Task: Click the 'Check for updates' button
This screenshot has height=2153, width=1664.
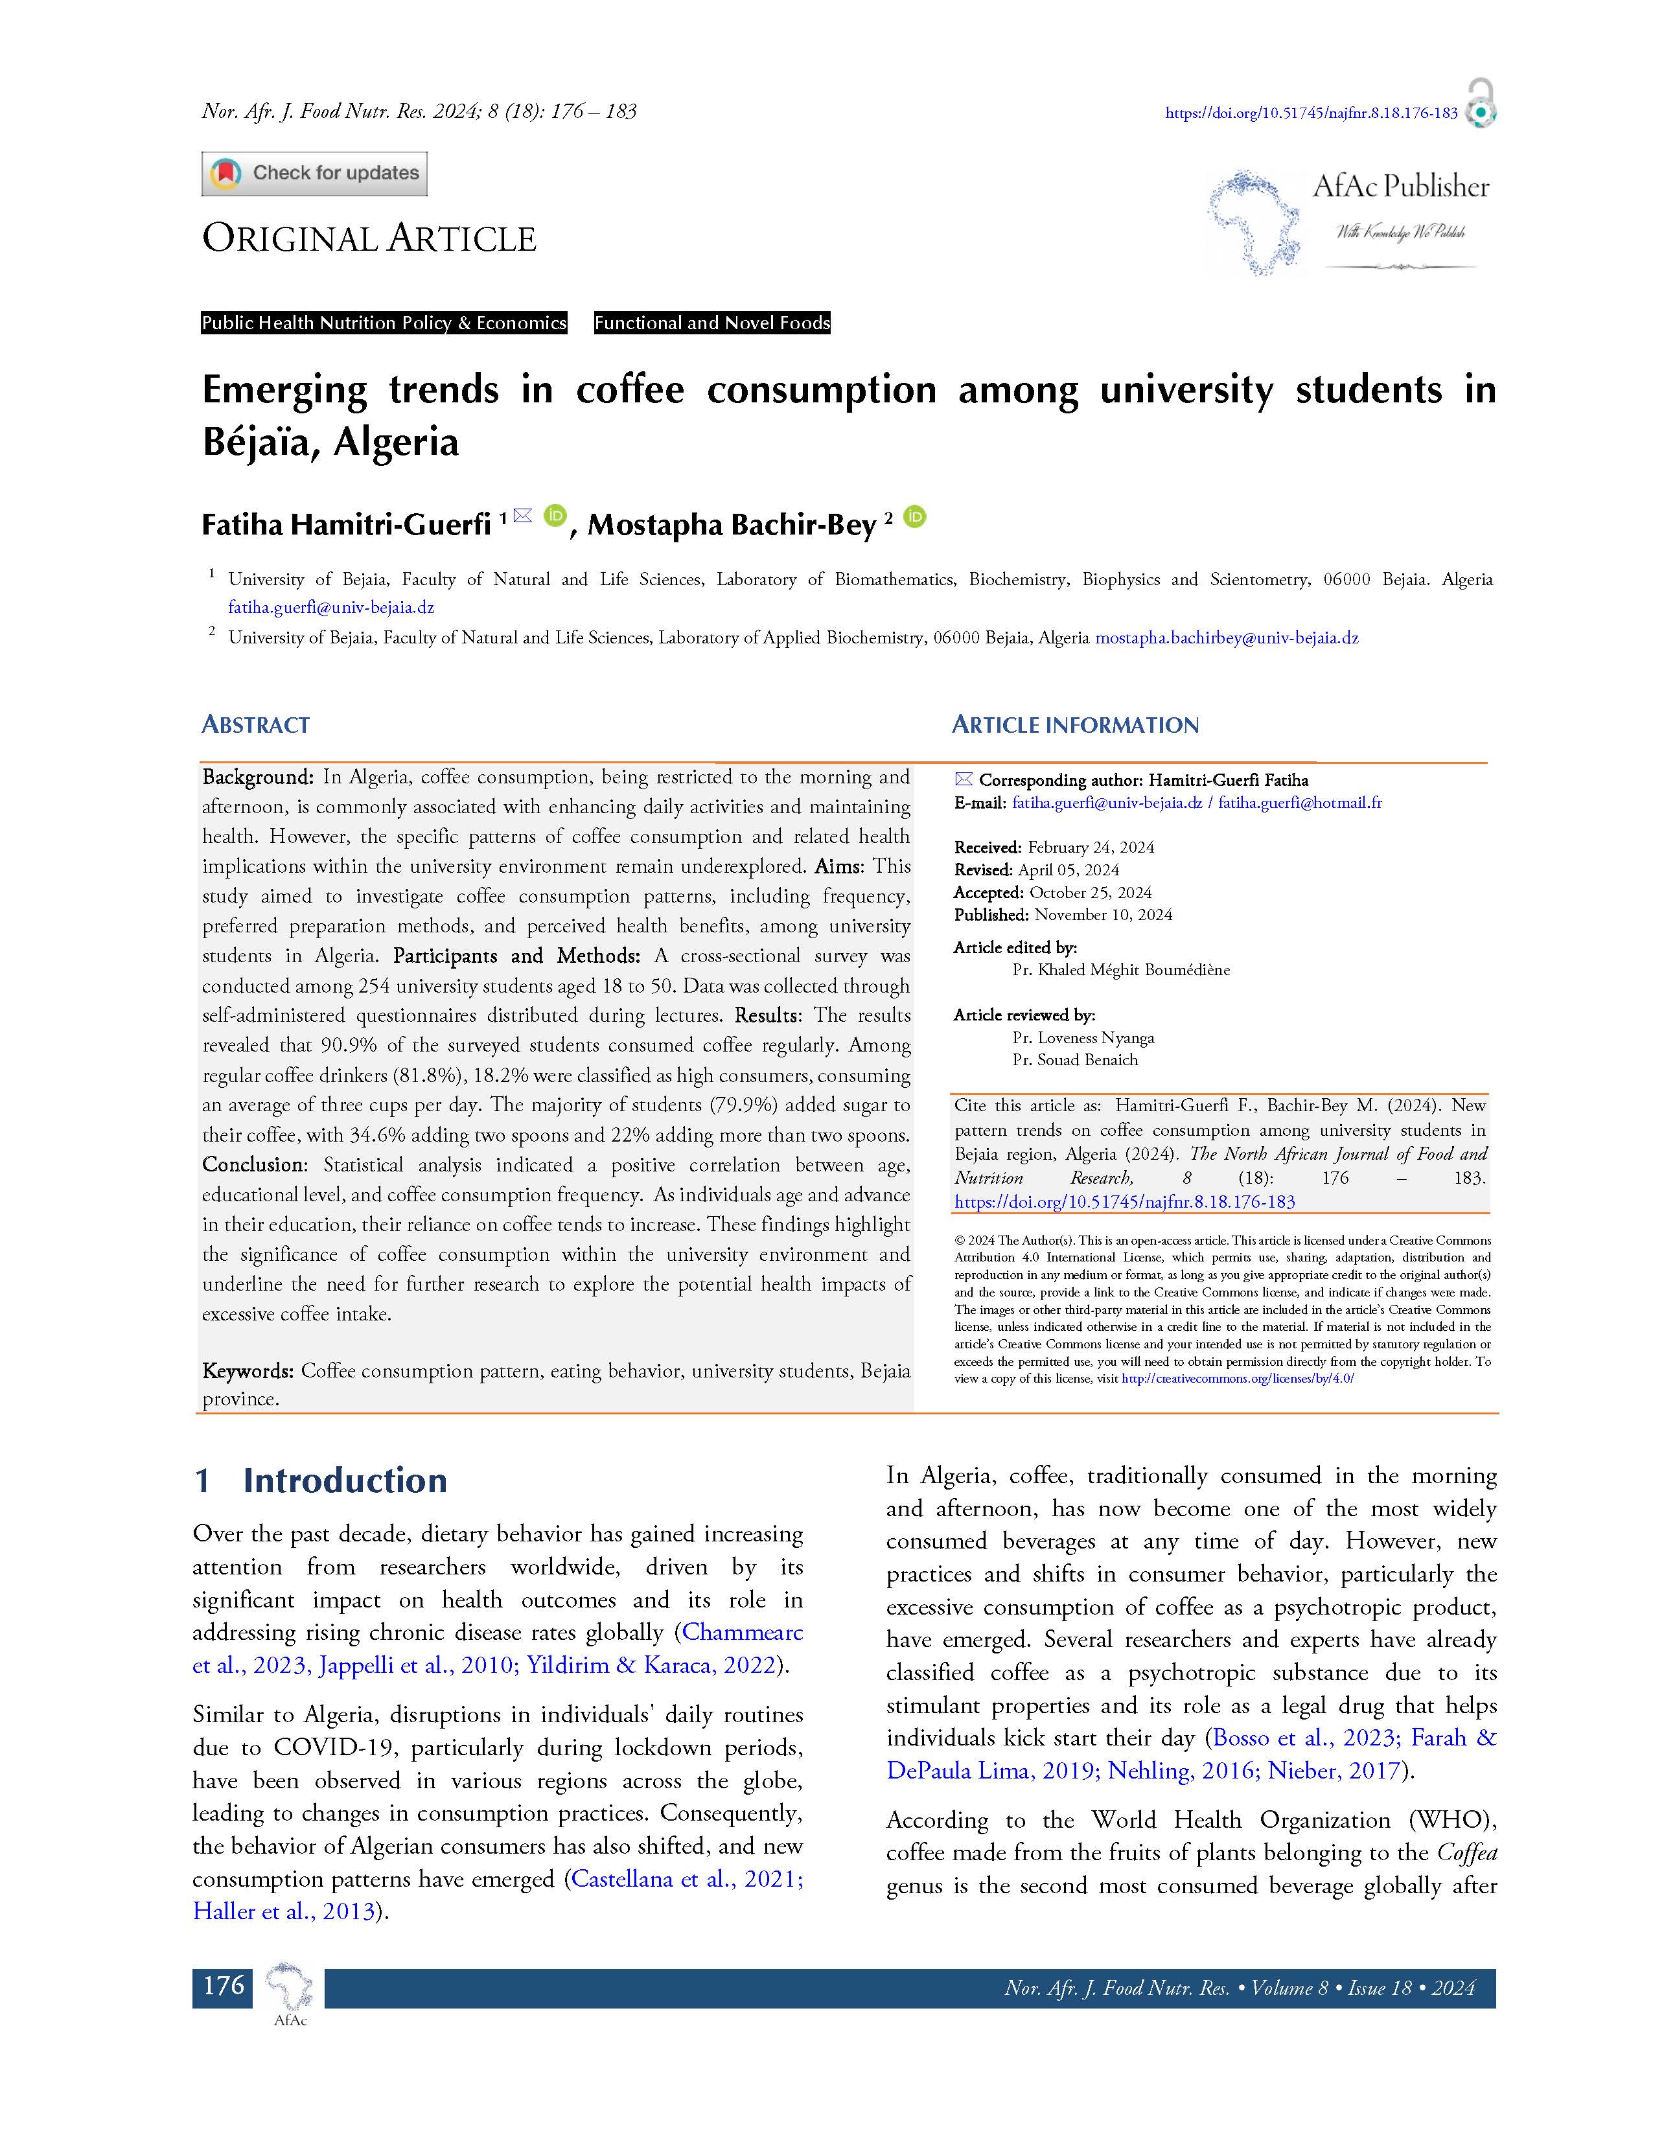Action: pyautogui.click(x=314, y=174)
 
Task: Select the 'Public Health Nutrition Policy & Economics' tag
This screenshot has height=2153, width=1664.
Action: pyautogui.click(x=384, y=323)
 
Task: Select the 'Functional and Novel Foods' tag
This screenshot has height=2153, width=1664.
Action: pyautogui.click(x=711, y=323)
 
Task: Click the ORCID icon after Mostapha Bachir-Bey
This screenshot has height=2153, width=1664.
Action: pyautogui.click(x=915, y=516)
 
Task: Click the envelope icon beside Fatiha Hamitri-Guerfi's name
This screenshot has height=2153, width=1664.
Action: pyautogui.click(x=522, y=514)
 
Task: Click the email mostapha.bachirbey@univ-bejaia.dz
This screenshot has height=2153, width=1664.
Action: pyautogui.click(x=1227, y=638)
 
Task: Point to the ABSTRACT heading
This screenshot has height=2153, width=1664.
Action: pyautogui.click(x=255, y=724)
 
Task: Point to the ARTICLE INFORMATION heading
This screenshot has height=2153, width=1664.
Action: pyautogui.click(x=1074, y=724)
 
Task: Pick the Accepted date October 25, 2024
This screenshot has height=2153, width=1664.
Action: pyautogui.click(x=1091, y=892)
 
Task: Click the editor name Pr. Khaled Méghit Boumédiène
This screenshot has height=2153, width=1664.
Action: pyautogui.click(x=1121, y=969)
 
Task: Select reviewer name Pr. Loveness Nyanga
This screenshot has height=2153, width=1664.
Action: pyautogui.click(x=1082, y=1037)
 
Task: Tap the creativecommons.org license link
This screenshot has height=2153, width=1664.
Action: pyautogui.click(x=1237, y=1378)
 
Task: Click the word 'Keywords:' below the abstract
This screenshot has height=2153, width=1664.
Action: pyautogui.click(x=248, y=1370)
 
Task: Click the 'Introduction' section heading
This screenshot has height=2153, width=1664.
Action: pyautogui.click(x=344, y=1480)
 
